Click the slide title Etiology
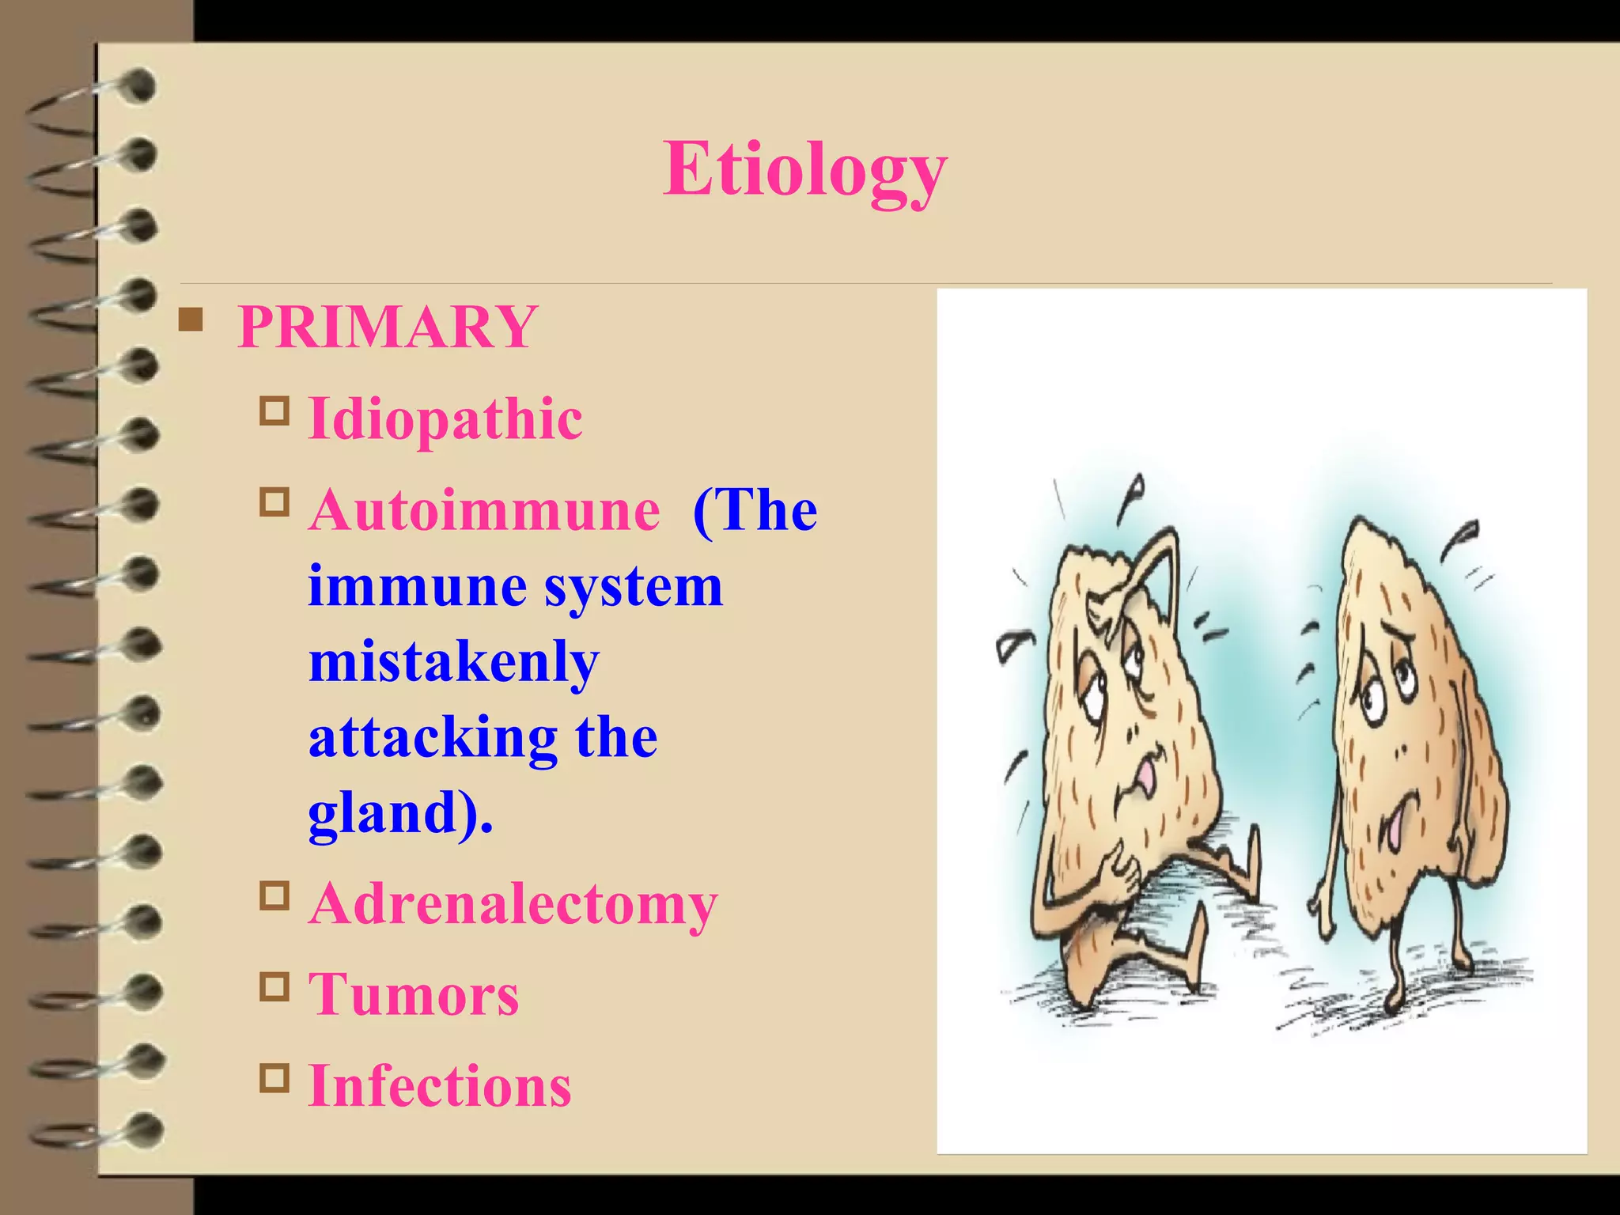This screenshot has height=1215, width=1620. point(804,169)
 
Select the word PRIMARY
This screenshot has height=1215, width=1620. point(388,327)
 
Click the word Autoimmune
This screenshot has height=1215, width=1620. point(484,509)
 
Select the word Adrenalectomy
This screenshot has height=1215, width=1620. point(513,903)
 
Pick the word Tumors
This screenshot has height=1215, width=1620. point(414,994)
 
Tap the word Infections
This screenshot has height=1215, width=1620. point(440,1085)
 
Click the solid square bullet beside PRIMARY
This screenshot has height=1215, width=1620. point(191,320)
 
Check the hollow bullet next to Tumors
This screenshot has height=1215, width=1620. point(274,987)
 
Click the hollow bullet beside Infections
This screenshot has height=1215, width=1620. point(274,1078)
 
